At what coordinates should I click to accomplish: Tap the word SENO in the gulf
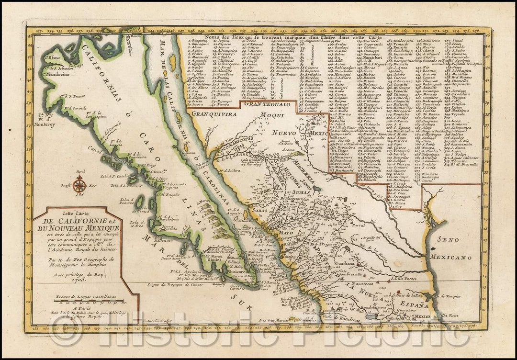click(443, 242)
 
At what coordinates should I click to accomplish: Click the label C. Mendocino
click(47, 75)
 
